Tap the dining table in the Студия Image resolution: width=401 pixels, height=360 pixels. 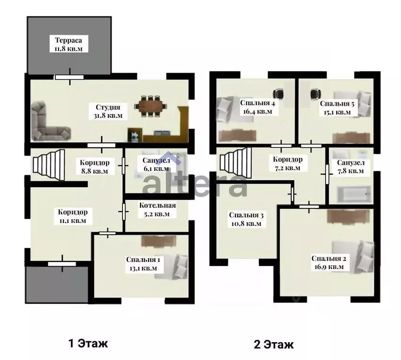151,106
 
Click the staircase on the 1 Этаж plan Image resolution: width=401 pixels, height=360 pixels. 49,165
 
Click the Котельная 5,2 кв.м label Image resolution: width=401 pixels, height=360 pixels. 158,209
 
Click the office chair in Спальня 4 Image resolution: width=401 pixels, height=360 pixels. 279,94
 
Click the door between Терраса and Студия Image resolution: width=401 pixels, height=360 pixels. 69,77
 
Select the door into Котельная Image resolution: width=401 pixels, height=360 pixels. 124,212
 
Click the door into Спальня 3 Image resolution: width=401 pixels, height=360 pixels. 292,194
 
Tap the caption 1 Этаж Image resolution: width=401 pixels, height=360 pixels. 88,344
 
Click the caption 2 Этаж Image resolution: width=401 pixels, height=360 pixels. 273,345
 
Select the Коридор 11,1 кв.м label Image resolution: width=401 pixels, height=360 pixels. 73,216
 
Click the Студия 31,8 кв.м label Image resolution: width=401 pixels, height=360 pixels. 108,111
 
